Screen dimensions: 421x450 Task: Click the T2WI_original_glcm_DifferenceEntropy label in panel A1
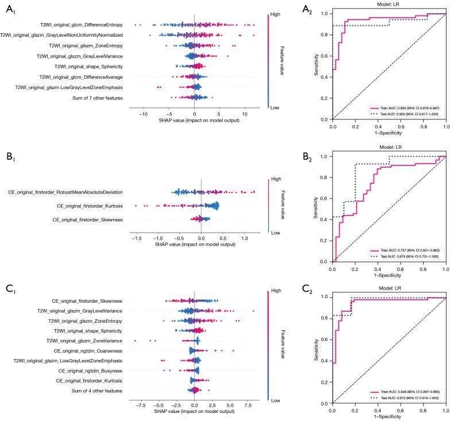click(82, 25)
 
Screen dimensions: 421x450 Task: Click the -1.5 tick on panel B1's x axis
click(135, 237)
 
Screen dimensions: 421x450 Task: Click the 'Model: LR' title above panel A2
click(389, 5)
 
